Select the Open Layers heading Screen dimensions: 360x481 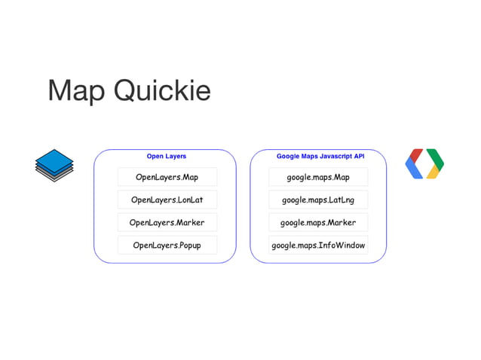coord(167,157)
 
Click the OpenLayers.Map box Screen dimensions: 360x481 coord(167,178)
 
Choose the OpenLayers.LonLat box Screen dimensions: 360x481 coord(167,200)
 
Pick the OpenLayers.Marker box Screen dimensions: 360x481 coord(167,223)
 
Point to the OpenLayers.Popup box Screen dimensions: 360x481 coord(167,246)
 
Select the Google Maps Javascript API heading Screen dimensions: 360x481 coord(320,157)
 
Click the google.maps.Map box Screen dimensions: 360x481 coord(318,178)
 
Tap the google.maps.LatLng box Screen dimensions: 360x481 coord(318,200)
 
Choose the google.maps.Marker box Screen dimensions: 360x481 coord(318,223)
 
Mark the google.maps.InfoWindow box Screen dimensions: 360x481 coord(318,246)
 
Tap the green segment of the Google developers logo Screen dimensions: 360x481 coord(436,157)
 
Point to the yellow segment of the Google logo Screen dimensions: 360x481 coord(434,172)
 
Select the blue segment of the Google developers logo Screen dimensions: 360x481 coord(412,171)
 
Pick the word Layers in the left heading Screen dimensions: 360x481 coord(175,157)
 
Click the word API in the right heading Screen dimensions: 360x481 coord(357,157)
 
